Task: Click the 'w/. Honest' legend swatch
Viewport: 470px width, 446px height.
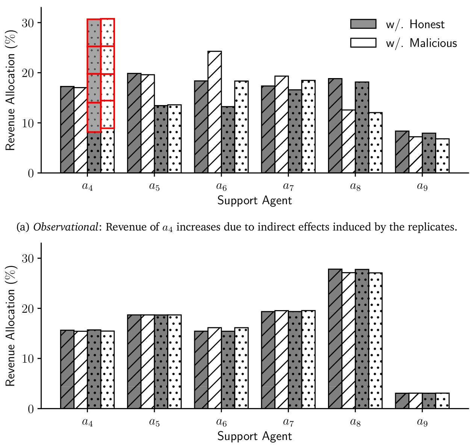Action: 363,24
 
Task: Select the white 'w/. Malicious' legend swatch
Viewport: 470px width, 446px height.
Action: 363,43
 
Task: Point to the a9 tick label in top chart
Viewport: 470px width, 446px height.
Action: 422,186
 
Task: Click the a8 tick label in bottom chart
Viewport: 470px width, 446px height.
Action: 355,422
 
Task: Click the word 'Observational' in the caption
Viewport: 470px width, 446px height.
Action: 65,227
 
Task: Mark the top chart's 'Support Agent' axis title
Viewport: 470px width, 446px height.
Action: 254,200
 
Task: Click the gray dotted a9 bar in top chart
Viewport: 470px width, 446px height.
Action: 429,153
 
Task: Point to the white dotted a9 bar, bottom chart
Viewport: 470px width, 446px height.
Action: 443,401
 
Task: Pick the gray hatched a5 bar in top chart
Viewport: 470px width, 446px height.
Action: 134,123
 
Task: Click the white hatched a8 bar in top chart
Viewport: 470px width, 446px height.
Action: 349,141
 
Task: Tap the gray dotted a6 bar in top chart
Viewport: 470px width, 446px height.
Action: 228,140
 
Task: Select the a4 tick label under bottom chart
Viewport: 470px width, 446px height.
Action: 88,422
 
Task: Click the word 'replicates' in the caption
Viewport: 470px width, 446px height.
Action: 438,227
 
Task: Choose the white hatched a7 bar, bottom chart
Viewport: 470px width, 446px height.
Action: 281,359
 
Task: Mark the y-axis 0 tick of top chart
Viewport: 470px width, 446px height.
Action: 30,173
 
